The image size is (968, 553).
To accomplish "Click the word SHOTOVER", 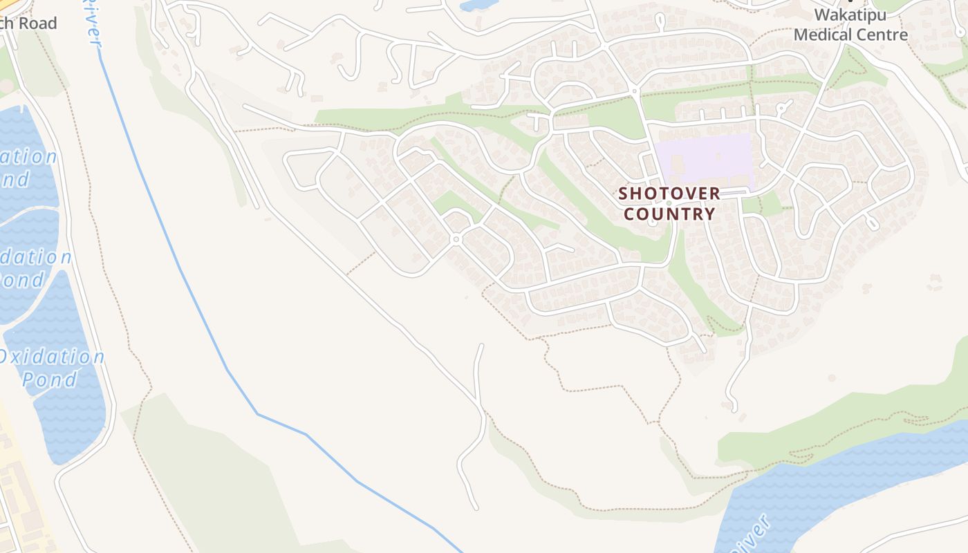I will (669, 194).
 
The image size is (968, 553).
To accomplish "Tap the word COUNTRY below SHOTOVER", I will (669, 214).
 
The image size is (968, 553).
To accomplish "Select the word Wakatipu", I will (850, 15).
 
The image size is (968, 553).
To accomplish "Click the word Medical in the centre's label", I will (824, 34).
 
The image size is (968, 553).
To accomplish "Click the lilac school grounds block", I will (705, 158).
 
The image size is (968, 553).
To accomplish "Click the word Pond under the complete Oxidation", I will (50, 379).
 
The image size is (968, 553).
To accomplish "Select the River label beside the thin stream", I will (92, 24).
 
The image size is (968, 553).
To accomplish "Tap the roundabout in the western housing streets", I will (455, 239).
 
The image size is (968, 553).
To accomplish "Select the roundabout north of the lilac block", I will (634, 91).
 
